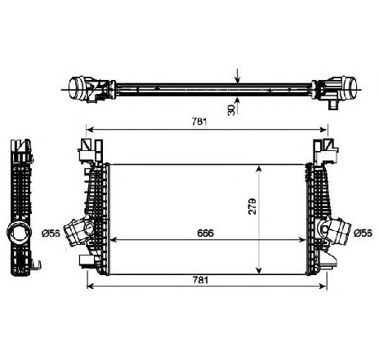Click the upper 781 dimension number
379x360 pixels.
(199, 122)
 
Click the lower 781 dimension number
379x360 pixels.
(200, 280)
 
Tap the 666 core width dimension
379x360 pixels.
(206, 233)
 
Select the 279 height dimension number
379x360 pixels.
(252, 207)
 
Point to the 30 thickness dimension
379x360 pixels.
(231, 110)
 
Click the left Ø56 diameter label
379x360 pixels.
(51, 233)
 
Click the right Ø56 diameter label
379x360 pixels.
(363, 233)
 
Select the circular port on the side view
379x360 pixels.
(19, 232)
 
